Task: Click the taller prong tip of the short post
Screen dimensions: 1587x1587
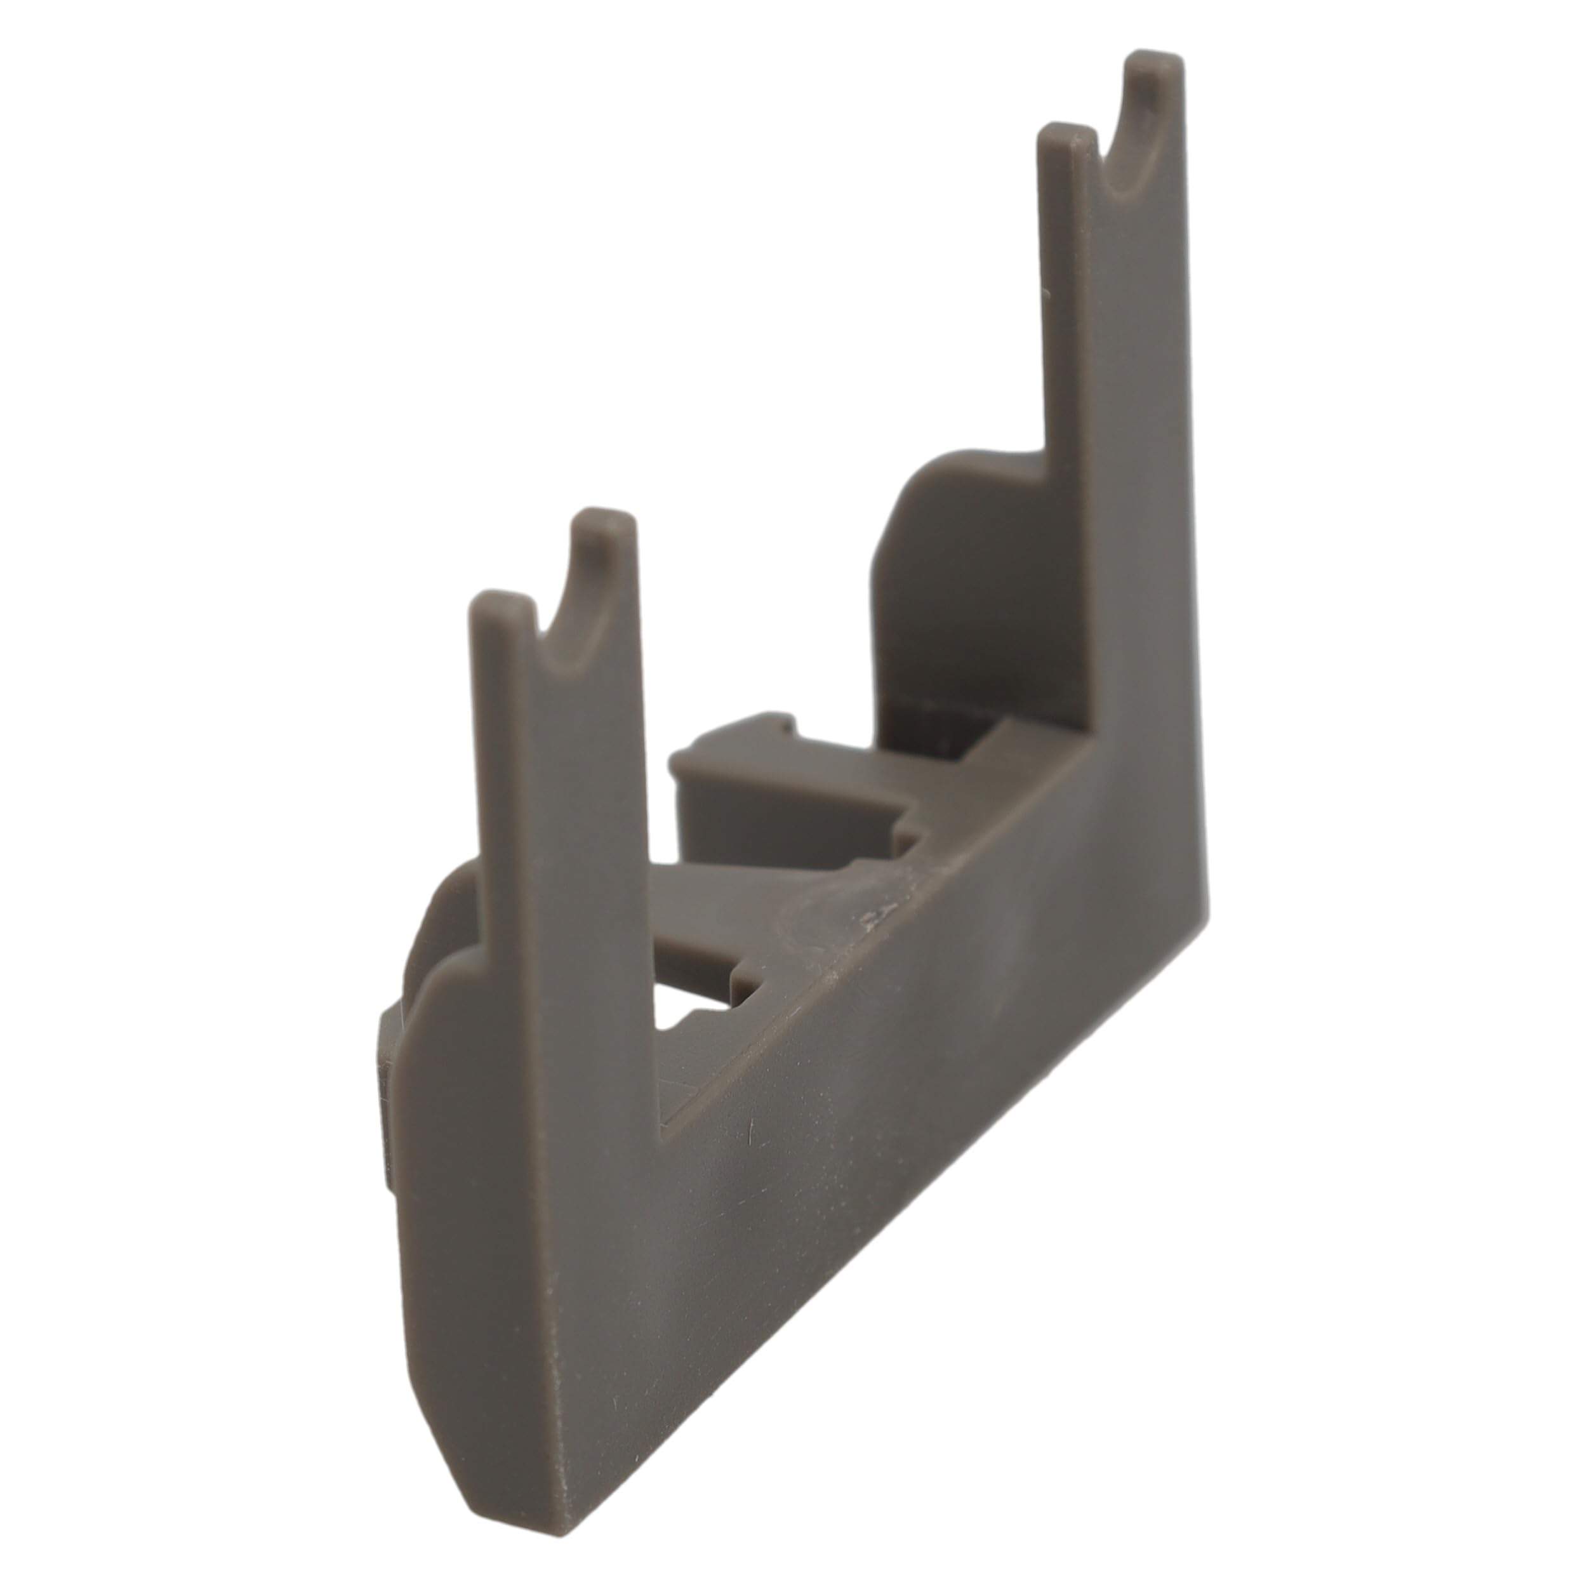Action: point(604,522)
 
